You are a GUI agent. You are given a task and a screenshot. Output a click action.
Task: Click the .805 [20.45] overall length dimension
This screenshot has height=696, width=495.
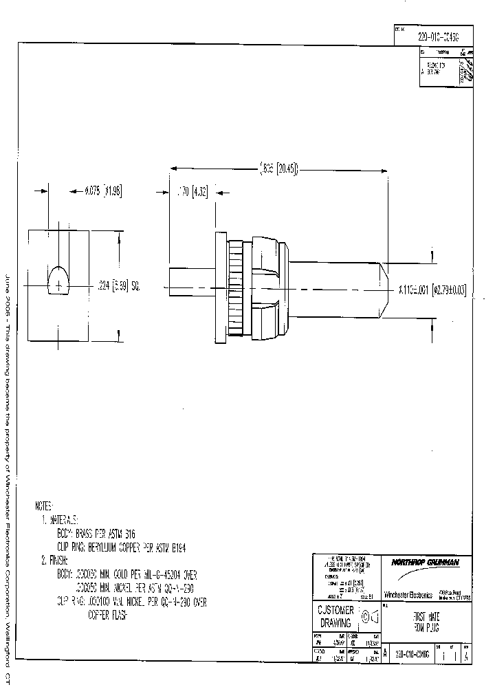pyautogui.click(x=278, y=168)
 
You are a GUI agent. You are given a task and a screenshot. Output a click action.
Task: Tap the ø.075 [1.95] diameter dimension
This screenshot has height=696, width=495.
pyautogui.click(x=102, y=191)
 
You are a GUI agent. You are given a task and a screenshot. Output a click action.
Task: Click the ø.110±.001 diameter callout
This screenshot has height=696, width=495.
pyautogui.click(x=432, y=290)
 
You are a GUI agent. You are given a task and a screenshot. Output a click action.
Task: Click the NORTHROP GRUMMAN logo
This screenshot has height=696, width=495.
pyautogui.click(x=426, y=563)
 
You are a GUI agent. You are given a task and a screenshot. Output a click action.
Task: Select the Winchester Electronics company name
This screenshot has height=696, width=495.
pyautogui.click(x=407, y=594)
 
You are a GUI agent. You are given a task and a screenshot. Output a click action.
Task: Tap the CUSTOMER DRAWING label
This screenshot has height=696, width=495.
pyautogui.click(x=335, y=616)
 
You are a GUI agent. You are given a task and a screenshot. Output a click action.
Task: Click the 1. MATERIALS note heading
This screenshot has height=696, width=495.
pyautogui.click(x=60, y=519)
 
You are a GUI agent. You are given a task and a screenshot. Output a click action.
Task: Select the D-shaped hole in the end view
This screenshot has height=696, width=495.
pyautogui.click(x=58, y=281)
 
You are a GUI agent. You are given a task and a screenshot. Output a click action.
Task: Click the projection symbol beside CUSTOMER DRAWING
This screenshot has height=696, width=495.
pyautogui.click(x=369, y=616)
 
